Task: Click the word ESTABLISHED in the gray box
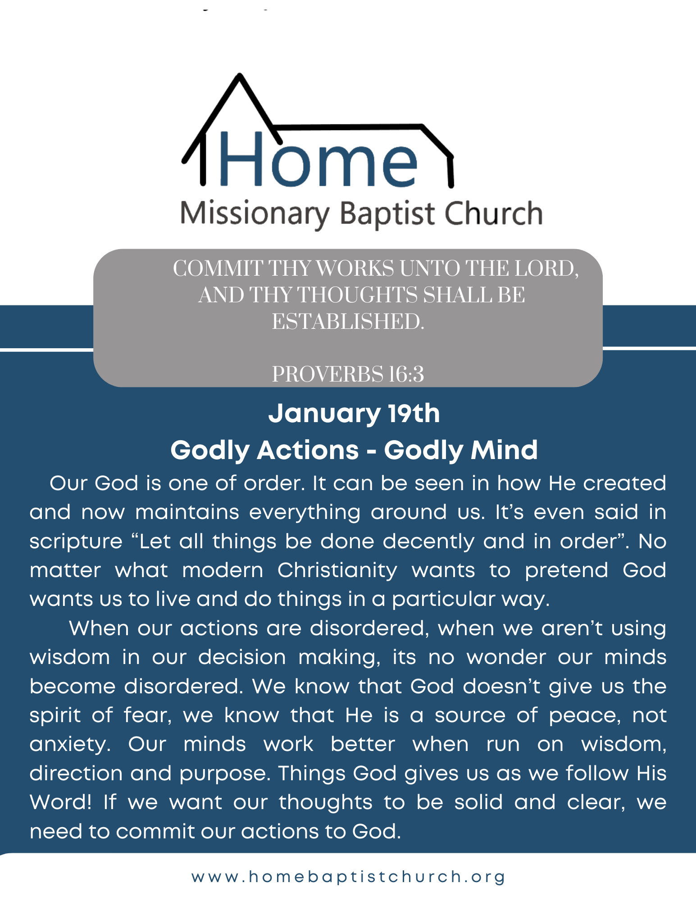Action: coord(348,322)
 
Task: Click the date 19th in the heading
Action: coord(414,413)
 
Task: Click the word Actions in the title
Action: coord(308,450)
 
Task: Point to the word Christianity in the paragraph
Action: coord(337,570)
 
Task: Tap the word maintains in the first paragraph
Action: coord(187,512)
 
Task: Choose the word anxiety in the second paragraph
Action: coord(70,744)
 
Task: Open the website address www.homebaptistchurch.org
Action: coord(348,877)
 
